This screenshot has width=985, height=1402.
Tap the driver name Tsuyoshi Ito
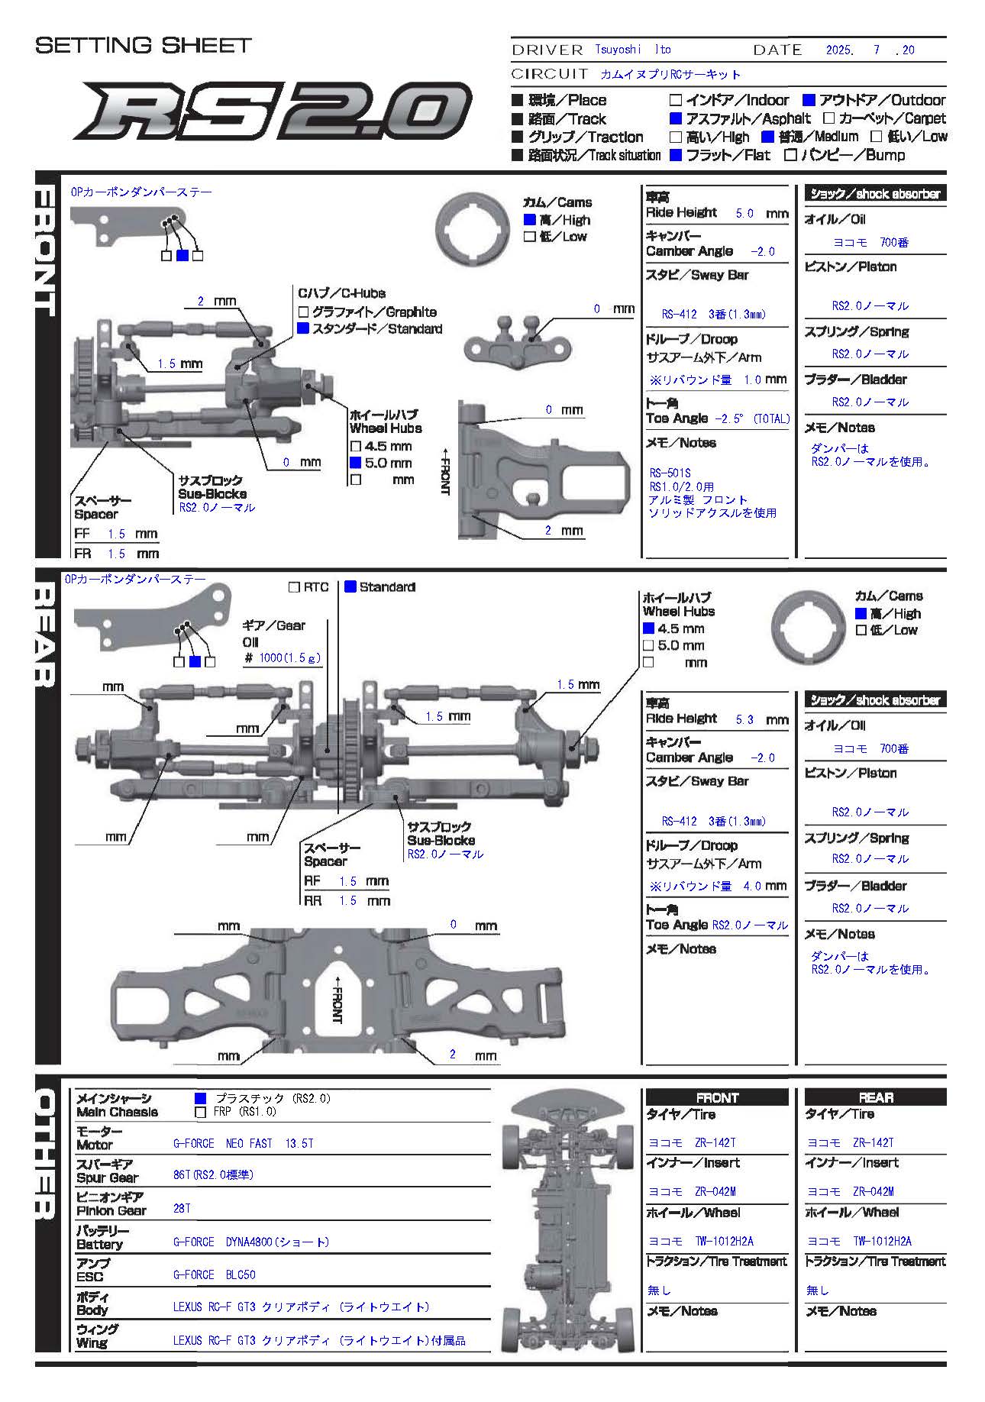coord(633,50)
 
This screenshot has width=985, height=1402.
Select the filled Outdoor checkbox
coord(809,100)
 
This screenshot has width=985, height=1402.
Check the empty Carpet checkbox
coord(828,118)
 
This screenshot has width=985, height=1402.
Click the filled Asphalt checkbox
coord(675,118)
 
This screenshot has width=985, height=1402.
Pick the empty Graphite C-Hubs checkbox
coord(303,312)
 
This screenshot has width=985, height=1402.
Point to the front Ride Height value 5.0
coord(744,213)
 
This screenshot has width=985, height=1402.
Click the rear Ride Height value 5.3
coord(744,719)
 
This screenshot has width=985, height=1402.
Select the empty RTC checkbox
coord(294,587)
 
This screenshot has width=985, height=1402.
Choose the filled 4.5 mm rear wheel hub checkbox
coord(649,628)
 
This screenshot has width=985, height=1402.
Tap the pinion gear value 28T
coord(182,1210)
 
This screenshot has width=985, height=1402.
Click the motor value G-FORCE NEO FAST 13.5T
coord(243,1143)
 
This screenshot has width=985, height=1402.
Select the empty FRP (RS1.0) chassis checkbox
coord(201,1112)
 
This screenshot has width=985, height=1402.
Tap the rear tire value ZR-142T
coord(850,1142)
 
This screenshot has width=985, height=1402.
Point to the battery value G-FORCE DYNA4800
coord(251,1242)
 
